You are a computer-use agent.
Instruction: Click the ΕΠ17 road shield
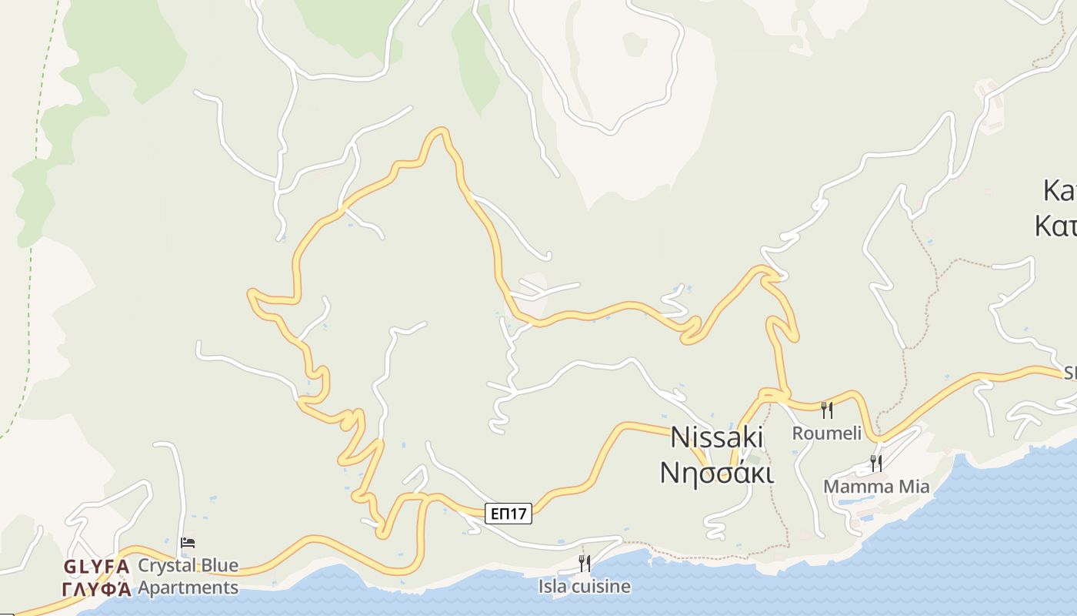tap(509, 514)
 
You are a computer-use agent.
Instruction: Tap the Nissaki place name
tap(717, 437)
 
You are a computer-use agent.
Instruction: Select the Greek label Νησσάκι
tap(717, 471)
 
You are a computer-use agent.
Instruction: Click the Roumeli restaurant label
tap(827, 434)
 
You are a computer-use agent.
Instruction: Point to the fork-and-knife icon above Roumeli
tap(827, 410)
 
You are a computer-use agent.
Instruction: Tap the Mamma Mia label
tap(876, 487)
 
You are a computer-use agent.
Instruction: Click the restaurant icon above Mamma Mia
tap(876, 463)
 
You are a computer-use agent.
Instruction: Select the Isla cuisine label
tap(584, 587)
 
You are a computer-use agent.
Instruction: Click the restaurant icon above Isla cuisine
tap(585, 564)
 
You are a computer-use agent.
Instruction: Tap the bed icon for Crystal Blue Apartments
tap(188, 543)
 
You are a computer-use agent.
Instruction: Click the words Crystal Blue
tap(188, 566)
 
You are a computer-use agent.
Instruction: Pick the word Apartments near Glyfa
tap(188, 588)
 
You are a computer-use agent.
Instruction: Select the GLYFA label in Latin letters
tap(96, 567)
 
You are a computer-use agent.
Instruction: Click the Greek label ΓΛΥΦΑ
tap(96, 589)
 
